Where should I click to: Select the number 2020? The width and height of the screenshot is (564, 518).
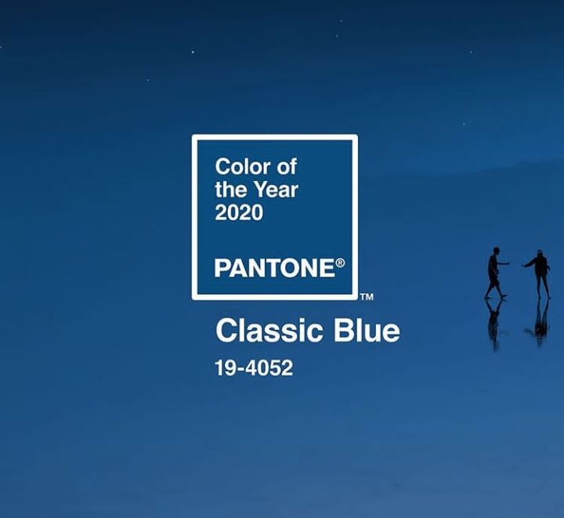[x=239, y=212]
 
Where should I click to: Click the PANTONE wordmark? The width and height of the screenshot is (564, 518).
[x=274, y=268]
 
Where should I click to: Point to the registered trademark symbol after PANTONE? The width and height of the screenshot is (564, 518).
[x=340, y=263]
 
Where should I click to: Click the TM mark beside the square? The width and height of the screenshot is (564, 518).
[x=367, y=297]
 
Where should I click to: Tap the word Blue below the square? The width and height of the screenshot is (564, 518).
[x=367, y=331]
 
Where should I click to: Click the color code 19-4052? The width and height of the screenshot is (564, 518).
[x=254, y=368]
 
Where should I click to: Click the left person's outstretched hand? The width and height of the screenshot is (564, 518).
[x=508, y=263]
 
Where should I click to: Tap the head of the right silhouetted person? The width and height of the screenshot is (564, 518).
[x=539, y=253]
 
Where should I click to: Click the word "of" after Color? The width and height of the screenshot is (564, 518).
[x=287, y=167]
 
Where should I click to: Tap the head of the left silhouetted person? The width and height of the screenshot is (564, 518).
[x=497, y=250]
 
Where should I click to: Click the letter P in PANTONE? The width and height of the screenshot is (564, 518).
[x=222, y=268]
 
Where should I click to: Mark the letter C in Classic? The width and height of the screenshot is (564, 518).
[x=226, y=331]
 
